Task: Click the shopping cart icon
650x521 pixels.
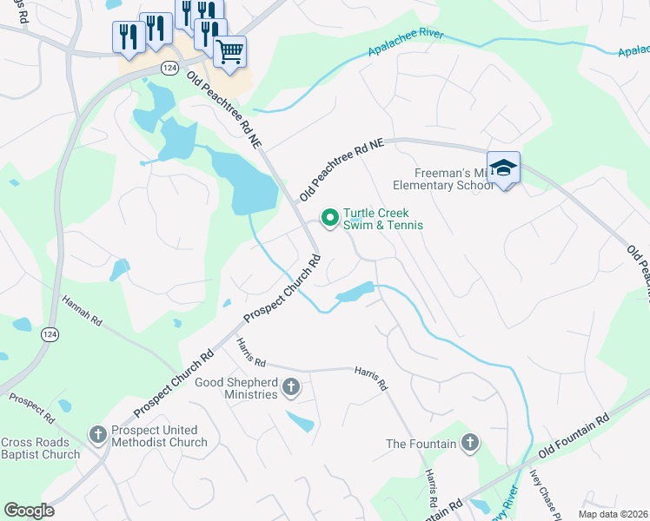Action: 229,51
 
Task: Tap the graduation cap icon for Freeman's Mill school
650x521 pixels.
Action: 503,167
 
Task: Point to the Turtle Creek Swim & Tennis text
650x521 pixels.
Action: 382,219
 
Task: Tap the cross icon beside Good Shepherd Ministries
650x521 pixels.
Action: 291,387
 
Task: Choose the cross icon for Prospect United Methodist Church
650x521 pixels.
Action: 99,432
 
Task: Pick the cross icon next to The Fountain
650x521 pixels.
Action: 469,444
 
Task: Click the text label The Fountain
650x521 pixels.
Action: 421,445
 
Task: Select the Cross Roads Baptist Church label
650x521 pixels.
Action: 40,448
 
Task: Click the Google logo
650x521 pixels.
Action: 29,511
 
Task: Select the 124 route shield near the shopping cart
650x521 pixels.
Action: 169,67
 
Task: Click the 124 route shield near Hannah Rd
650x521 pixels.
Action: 50,334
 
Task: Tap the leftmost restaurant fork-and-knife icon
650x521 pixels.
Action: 125,36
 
